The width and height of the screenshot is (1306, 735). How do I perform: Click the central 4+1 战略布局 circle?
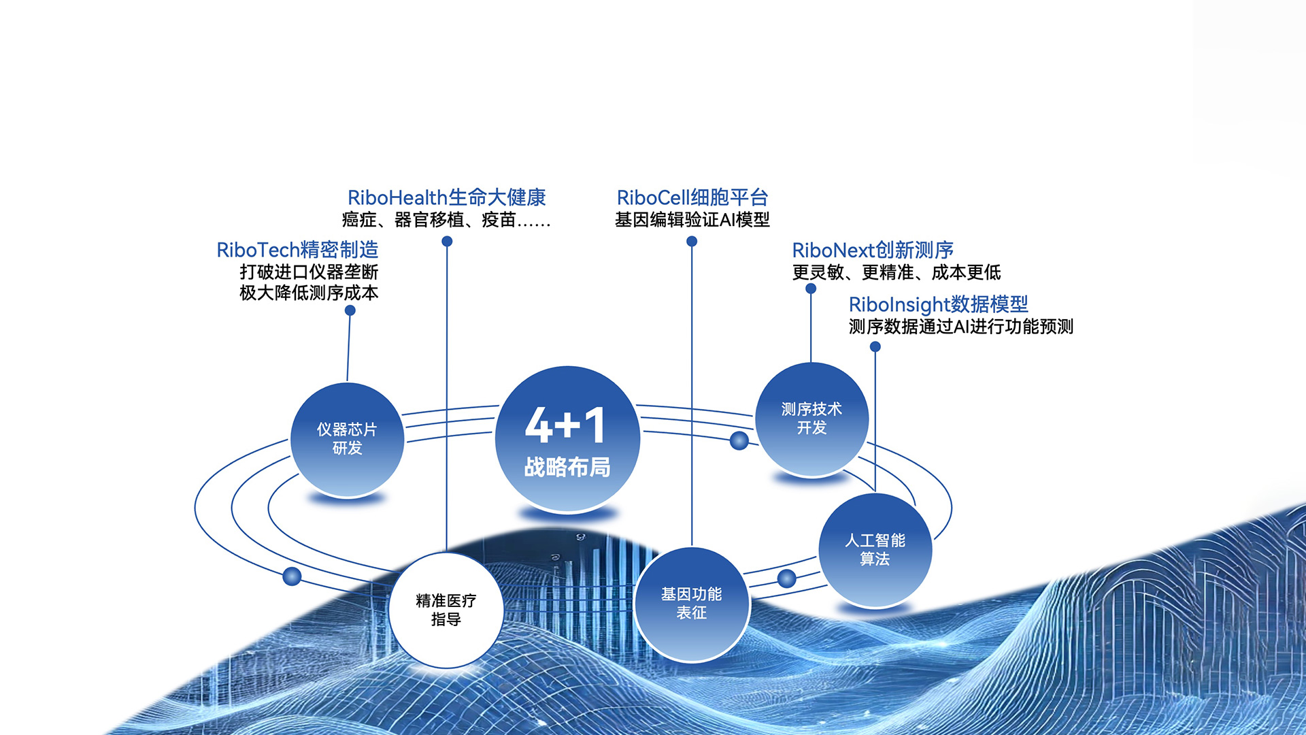click(x=567, y=439)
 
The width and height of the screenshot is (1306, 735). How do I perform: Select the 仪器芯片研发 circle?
click(x=347, y=440)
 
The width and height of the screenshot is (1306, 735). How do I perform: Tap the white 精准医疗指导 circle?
click(x=446, y=610)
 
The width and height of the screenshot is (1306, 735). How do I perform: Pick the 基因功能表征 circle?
click(x=692, y=604)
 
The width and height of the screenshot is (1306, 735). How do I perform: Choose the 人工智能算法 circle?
click(x=875, y=550)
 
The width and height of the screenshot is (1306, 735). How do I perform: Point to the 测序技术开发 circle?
click(x=811, y=419)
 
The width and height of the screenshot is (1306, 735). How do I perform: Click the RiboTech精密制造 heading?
click(x=297, y=250)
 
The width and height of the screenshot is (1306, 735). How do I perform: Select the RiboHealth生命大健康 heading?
click(x=447, y=197)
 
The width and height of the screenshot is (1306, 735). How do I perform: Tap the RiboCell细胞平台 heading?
click(x=692, y=197)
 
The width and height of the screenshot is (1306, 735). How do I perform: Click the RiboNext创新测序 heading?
click(x=873, y=250)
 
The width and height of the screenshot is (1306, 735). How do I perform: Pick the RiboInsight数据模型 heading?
click(x=939, y=304)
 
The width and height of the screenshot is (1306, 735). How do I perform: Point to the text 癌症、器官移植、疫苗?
click(x=429, y=220)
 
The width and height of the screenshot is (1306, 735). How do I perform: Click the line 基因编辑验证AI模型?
click(x=692, y=220)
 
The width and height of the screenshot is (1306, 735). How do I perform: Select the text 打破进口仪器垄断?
click(x=309, y=272)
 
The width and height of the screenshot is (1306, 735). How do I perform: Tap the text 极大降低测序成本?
click(x=309, y=293)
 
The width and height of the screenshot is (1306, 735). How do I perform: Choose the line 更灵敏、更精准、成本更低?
click(x=897, y=272)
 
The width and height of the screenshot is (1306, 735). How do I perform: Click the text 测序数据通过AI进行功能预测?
click(x=961, y=327)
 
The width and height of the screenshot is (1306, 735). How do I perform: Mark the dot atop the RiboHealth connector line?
click(x=447, y=241)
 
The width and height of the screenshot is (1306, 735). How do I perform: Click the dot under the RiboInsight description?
click(x=875, y=346)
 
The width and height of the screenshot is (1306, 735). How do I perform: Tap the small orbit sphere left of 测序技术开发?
click(x=739, y=441)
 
